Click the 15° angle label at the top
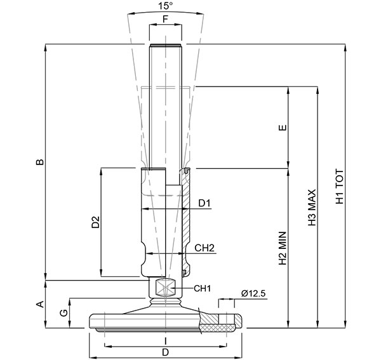(x=165, y=6)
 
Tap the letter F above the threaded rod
(x=165, y=19)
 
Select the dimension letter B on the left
(x=39, y=162)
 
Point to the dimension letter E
(x=283, y=127)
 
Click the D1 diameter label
(x=204, y=203)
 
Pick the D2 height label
(x=95, y=222)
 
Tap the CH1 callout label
(x=202, y=289)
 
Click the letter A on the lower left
(x=39, y=303)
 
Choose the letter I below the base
(x=165, y=340)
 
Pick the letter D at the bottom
(x=165, y=352)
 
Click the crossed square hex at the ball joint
(x=165, y=288)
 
